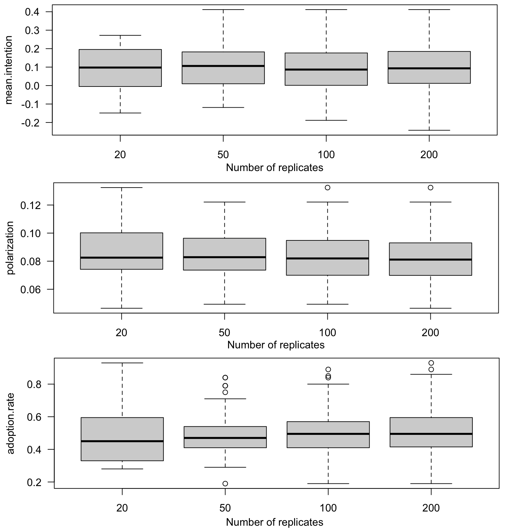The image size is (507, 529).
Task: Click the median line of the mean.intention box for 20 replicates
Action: point(120,67)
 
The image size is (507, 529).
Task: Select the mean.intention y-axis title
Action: point(9,70)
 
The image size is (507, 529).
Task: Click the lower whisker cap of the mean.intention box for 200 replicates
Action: point(429,130)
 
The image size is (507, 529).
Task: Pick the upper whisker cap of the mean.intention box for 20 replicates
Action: point(120,35)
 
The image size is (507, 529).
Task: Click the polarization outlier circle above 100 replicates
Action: point(327,188)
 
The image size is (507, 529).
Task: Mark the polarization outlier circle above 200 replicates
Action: point(430,188)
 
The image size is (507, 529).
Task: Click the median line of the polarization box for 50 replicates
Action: point(224,257)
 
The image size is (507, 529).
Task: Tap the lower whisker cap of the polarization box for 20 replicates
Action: point(121,308)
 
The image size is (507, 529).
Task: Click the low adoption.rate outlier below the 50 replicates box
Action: point(225,483)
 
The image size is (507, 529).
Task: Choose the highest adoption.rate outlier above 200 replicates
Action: point(431,363)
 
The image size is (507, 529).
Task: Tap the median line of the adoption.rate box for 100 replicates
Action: point(328,434)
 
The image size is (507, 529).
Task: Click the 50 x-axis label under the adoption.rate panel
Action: point(225,508)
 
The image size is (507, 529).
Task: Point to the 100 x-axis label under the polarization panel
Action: point(327,333)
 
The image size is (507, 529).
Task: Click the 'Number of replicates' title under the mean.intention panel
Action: point(275,168)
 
